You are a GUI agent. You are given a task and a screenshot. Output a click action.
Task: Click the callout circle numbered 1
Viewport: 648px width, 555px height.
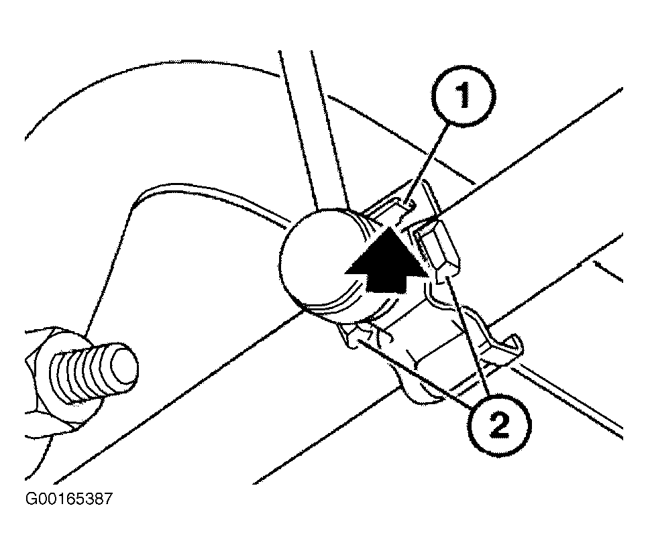tap(464, 95)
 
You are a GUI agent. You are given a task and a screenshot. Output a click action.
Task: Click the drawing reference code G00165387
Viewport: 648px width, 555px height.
tap(68, 499)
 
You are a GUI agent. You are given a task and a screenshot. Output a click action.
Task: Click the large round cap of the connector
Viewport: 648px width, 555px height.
tap(318, 262)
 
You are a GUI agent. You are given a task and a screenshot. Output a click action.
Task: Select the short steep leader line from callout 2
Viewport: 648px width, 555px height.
tap(468, 336)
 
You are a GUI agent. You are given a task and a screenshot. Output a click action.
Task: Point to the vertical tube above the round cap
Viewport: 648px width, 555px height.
tap(314, 128)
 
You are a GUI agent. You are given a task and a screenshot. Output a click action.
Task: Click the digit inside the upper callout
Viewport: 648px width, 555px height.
tap(464, 95)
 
